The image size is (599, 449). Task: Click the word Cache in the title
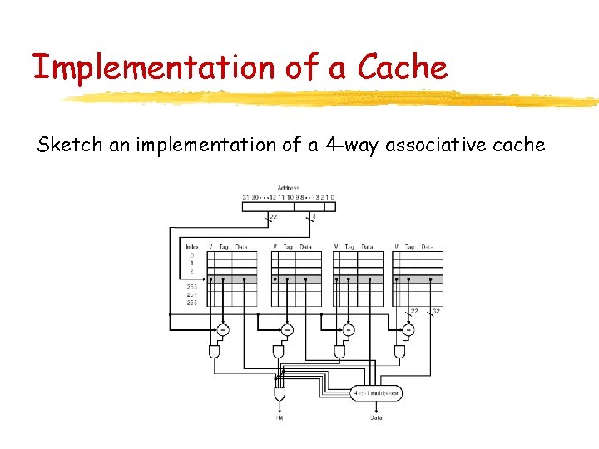[x=403, y=67]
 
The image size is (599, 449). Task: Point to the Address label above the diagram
[x=290, y=188]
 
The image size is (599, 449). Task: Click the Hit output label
[x=280, y=417]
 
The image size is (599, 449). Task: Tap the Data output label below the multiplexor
[x=377, y=417]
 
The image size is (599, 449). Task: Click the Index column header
[x=192, y=247]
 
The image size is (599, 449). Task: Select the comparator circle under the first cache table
[x=223, y=330]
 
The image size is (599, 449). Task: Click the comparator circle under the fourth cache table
[x=408, y=330]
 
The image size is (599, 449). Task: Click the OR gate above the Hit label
[x=279, y=391]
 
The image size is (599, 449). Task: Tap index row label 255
[x=192, y=302]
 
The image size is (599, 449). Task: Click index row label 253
[x=192, y=287]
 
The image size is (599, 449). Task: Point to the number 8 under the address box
[x=313, y=217]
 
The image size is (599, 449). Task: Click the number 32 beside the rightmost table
[x=435, y=312]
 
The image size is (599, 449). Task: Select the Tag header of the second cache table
[x=288, y=247]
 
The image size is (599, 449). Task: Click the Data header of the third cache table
[x=367, y=247]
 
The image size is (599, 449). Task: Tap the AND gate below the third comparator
[x=339, y=353]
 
